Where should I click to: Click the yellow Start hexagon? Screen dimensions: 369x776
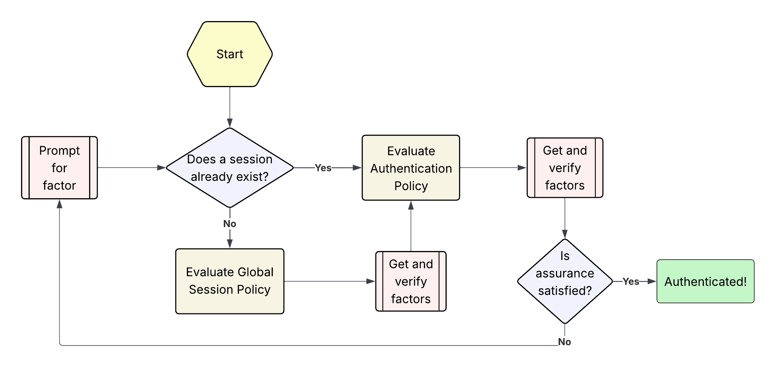230,54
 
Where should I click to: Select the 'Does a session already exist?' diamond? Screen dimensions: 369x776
230,168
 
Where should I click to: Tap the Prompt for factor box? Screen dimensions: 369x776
59,168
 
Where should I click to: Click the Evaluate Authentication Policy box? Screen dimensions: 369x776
411,168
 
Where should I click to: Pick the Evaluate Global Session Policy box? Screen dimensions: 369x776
230,281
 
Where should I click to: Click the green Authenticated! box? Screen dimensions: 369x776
705,281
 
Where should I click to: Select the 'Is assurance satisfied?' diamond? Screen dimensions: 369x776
565,281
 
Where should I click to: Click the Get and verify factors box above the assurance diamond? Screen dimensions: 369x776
565,168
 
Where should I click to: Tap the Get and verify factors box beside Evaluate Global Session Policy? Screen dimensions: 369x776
411,281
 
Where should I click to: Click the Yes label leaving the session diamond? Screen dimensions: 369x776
323,168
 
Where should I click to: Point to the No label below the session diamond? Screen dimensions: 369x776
230,224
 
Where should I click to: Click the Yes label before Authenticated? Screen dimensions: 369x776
631,281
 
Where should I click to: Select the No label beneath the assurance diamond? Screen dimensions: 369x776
564,342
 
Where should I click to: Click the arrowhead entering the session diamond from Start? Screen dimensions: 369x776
230,123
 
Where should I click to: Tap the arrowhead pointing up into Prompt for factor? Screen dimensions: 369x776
60,204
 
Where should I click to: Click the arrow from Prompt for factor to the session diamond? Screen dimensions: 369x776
129,168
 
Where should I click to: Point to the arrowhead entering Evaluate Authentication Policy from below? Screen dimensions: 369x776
411,205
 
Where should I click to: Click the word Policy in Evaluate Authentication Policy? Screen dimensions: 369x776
411,186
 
